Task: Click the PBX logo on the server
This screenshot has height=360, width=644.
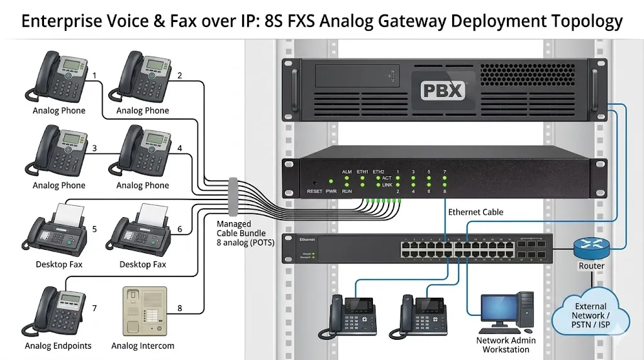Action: (442, 89)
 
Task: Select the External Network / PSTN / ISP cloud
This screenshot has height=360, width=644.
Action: (590, 311)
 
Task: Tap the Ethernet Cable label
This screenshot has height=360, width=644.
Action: (475, 212)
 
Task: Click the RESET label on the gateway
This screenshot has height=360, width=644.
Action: (314, 191)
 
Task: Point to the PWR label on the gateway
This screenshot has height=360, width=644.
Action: (331, 191)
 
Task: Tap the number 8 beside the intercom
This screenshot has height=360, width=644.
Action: (180, 308)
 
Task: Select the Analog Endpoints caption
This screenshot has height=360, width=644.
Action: (58, 346)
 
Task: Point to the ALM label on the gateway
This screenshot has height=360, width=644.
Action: (347, 171)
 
